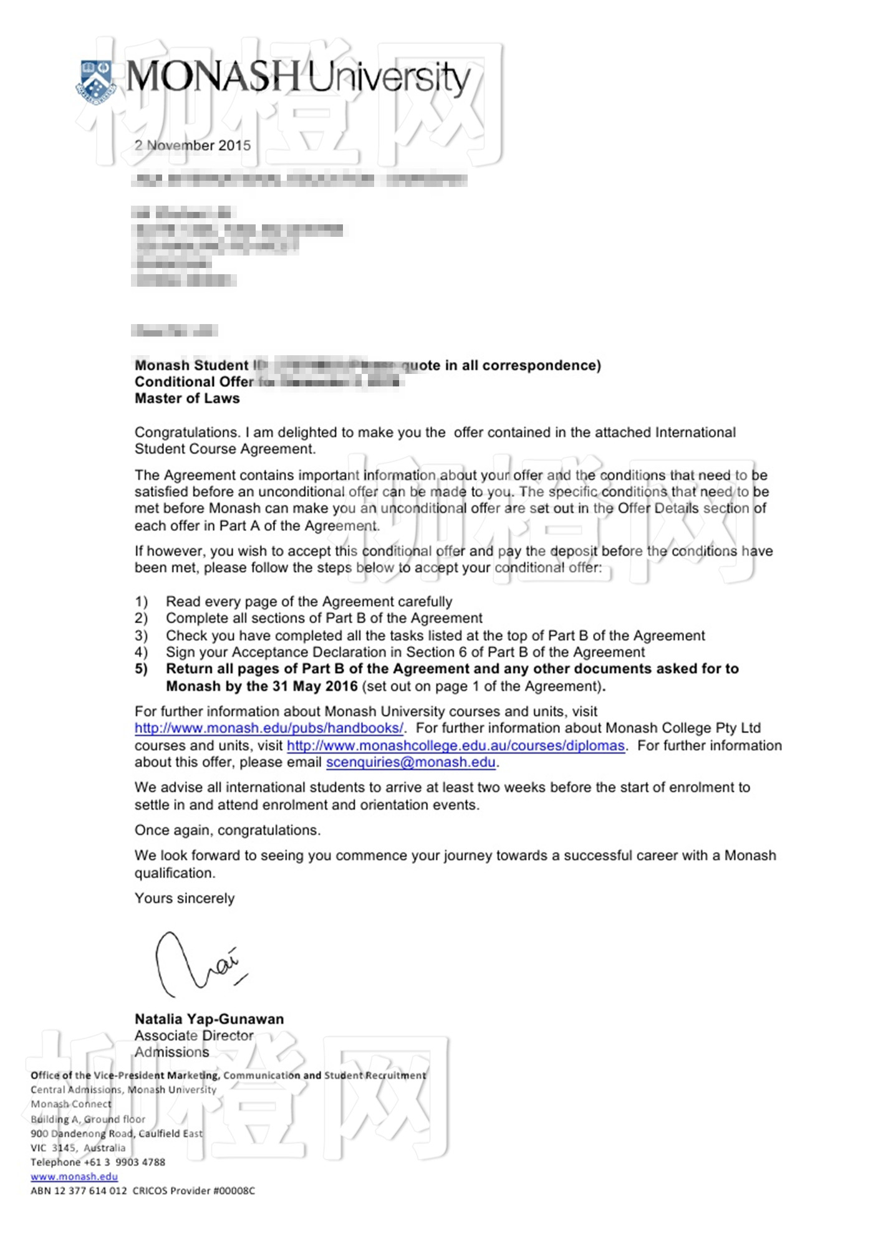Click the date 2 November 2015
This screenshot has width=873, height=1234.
pos(193,145)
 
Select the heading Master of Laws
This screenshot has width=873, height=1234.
pos(187,398)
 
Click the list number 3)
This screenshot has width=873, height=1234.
pos(142,636)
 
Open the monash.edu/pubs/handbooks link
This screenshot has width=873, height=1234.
pos(269,728)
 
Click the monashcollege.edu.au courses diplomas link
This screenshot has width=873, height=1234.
pos(455,745)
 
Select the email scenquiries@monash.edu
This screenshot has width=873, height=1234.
pos(410,762)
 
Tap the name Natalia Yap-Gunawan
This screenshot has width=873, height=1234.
pos(209,1019)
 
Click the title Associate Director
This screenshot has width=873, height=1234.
pos(194,1036)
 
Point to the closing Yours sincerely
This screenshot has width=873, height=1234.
pos(185,898)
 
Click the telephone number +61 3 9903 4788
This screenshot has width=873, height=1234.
pos(125,1162)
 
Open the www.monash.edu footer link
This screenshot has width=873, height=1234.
pos(74,1177)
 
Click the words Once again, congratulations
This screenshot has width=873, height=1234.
pos(228,830)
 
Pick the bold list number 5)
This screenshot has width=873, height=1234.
pos(142,669)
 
